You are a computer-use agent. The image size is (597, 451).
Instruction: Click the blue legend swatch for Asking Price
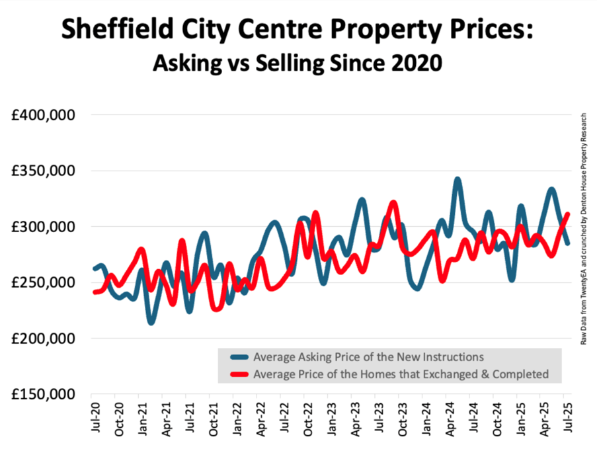(241, 357)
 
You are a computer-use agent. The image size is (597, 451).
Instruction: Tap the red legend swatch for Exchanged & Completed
(241, 374)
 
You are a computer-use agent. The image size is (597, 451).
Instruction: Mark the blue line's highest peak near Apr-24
(457, 179)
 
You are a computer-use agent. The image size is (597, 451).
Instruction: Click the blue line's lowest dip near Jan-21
(151, 322)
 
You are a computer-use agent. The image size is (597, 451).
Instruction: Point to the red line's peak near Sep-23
(393, 202)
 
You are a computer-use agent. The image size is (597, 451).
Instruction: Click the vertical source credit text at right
(584, 228)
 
